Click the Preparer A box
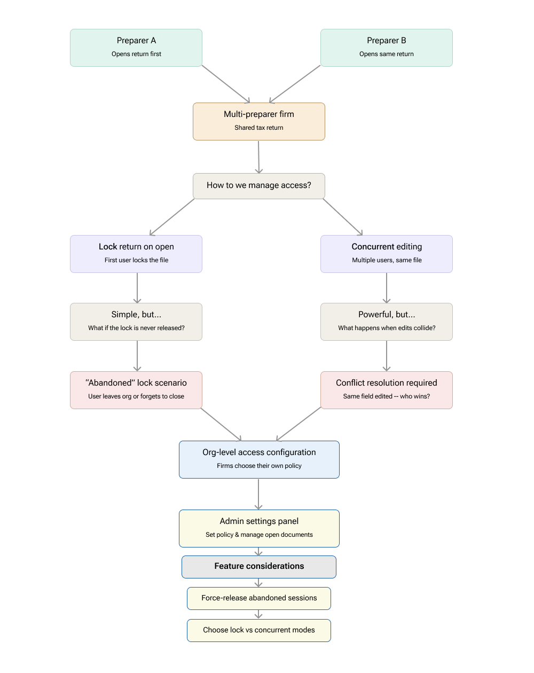point(136,48)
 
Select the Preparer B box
point(386,48)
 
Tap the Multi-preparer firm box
point(259,121)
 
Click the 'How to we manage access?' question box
point(259,185)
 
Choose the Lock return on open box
point(136,254)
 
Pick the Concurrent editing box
point(386,254)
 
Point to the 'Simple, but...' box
point(136,322)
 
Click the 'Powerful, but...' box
point(386,322)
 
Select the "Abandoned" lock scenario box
point(136,390)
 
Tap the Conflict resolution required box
point(386,390)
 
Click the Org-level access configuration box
point(259,459)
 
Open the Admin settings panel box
point(259,528)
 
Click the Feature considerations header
point(259,567)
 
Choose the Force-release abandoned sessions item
point(259,598)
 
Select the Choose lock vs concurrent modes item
point(259,630)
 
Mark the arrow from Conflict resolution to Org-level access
point(299,424)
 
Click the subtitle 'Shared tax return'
point(259,128)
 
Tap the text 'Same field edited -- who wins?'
point(386,396)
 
